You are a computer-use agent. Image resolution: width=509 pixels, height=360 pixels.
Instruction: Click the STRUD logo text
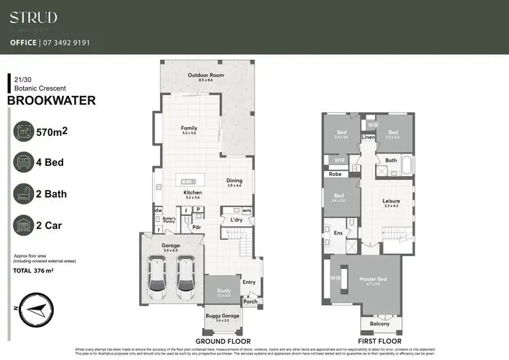click(x=33, y=18)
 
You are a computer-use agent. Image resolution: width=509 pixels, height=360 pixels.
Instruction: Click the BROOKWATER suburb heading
click(x=51, y=101)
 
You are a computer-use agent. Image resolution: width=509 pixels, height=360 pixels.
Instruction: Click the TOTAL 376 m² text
click(x=43, y=270)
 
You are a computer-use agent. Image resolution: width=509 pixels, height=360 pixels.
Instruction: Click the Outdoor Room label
click(x=206, y=75)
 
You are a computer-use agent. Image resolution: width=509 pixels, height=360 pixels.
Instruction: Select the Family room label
click(x=189, y=128)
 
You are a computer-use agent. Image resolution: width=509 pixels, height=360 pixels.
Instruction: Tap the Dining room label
click(x=233, y=181)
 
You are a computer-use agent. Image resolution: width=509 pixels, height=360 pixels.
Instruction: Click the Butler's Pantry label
click(x=169, y=219)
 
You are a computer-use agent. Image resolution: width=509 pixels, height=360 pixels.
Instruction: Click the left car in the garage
click(x=157, y=280)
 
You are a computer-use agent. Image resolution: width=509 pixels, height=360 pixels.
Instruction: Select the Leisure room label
click(x=391, y=201)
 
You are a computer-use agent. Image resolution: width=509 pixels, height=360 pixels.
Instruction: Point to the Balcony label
click(x=370, y=324)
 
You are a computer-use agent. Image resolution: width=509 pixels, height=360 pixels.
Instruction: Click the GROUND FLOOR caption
click(x=223, y=341)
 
